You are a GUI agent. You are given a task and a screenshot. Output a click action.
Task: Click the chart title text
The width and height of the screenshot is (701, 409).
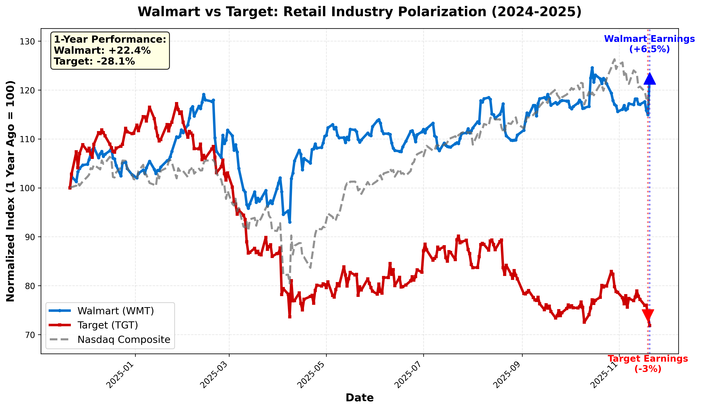coord(359,12)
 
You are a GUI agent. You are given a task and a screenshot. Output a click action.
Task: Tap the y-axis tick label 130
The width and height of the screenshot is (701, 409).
coord(27,41)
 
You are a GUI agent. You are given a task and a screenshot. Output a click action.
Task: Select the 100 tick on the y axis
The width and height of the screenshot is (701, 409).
coord(27,188)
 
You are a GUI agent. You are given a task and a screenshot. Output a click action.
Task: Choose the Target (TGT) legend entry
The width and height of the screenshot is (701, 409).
coord(108,325)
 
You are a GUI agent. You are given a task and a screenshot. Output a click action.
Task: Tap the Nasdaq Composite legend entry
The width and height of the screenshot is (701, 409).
coord(124,340)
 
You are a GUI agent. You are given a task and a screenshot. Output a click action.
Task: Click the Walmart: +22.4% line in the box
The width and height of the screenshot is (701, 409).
coord(102,51)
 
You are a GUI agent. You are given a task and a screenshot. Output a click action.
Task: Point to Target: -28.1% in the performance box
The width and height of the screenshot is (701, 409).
coord(94,61)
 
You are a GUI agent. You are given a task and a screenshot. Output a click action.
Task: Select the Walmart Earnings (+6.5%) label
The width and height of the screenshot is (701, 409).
coord(649,44)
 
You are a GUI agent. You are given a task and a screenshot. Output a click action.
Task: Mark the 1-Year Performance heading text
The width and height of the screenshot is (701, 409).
coord(110,39)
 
